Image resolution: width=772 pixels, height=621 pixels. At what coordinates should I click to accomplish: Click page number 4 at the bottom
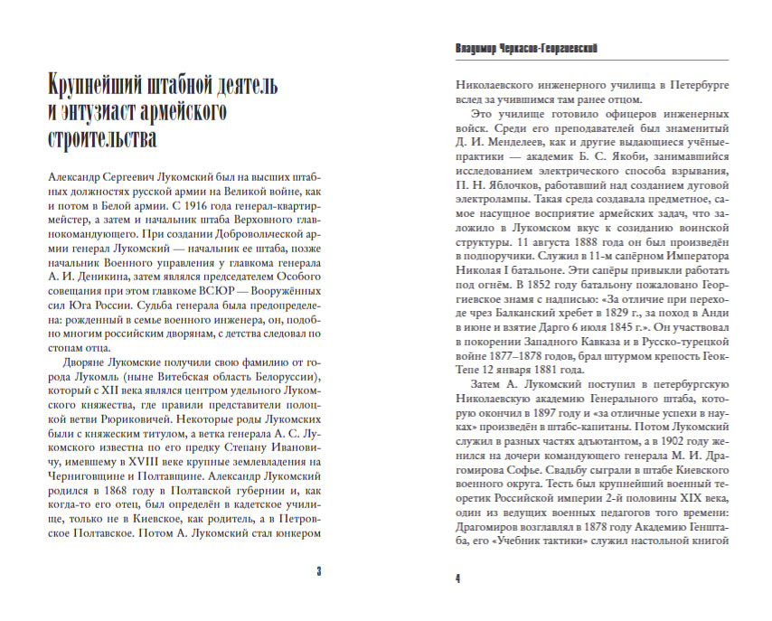[x=457, y=578]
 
